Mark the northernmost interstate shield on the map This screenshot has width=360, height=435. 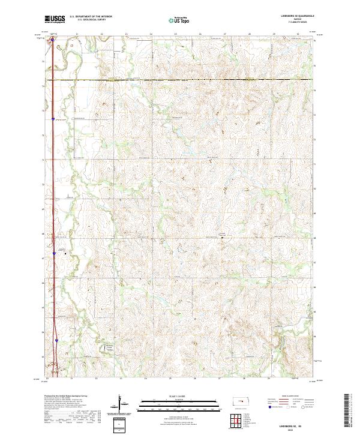click(52, 41)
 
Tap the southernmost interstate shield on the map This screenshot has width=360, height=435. click(57, 339)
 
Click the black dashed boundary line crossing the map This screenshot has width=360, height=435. click(180, 80)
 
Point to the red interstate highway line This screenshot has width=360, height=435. click(52, 180)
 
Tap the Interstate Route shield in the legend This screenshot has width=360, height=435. click(269, 407)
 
